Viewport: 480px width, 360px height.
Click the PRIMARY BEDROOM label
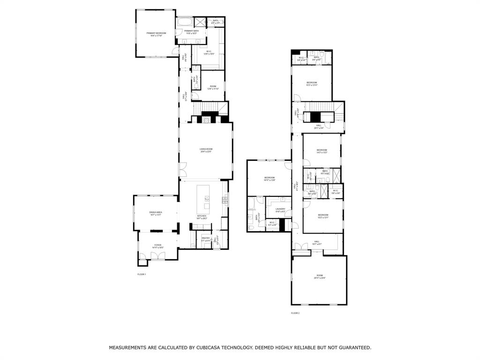coord(156,33)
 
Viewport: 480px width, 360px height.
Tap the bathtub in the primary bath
coord(184,22)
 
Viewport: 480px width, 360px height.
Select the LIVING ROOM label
coord(206,149)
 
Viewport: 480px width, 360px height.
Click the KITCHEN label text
coord(202,216)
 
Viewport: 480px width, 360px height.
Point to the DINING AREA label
coord(156,213)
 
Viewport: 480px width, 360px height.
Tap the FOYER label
coord(158,245)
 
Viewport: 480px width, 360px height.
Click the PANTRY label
coord(206,238)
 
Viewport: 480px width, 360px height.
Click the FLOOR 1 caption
coord(142,274)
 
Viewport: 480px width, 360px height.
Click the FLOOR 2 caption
coord(295,313)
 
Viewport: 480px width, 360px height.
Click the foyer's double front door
coord(157,256)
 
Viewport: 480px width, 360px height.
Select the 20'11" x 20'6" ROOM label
coord(320,276)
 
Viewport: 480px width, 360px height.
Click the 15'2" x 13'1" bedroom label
coord(323,215)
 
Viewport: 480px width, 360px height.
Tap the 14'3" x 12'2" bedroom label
coord(322,150)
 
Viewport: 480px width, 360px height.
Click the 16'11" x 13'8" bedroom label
coord(269,178)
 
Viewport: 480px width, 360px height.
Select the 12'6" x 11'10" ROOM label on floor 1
coord(213,86)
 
